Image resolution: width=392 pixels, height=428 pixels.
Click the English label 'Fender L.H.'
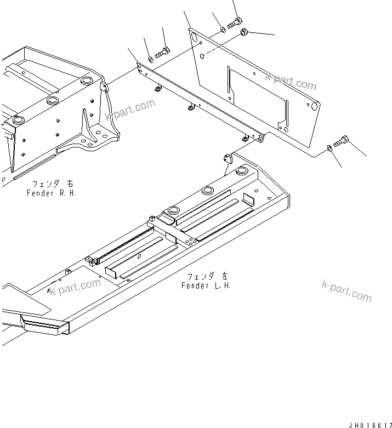tap(206, 286)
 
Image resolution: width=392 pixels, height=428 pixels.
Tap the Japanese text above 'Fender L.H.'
tap(206, 276)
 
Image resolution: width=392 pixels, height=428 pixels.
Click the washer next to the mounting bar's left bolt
tap(150, 59)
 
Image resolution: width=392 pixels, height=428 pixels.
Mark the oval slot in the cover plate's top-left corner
tap(192, 37)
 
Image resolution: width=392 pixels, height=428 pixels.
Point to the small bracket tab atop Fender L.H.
tap(228, 159)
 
